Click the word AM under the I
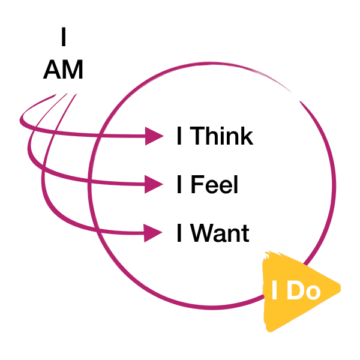coord(62,70)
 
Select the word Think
coord(221,137)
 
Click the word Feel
coord(215,184)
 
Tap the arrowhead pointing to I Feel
coord(155,184)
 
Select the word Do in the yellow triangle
coord(304,291)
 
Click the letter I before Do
coord(275,291)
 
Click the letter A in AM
coord(52,70)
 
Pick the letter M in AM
coord(72,70)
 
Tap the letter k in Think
coord(246,137)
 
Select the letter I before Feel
coord(180,184)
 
